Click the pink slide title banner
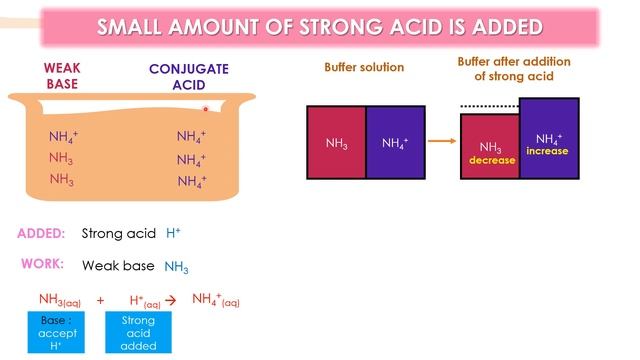[320, 26]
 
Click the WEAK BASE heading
[61, 77]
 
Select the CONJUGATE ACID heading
[189, 77]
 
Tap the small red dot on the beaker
[205, 108]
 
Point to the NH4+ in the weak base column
[64, 137]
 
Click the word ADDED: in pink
[41, 234]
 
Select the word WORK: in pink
[43, 265]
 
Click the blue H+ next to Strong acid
[173, 234]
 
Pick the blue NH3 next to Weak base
[176, 267]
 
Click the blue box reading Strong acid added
[138, 333]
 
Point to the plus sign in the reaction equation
[100, 300]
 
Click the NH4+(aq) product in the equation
[216, 300]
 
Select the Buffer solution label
[364, 68]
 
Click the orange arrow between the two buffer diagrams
[437, 142]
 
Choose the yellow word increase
[548, 151]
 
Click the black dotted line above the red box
[489, 104]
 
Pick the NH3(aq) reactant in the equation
[61, 300]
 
